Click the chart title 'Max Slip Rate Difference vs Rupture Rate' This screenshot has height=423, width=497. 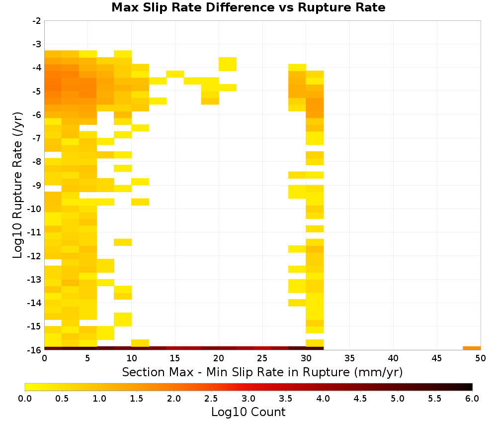[248, 7]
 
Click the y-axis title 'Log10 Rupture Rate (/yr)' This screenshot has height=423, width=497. [17, 185]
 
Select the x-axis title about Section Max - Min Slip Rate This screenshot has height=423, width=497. [262, 372]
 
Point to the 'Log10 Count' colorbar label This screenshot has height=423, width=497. [248, 412]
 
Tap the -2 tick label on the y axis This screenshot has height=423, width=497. [37, 21]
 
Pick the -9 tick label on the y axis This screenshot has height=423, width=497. [37, 185]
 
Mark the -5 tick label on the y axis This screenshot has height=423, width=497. [37, 92]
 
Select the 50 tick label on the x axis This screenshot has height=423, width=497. [481, 358]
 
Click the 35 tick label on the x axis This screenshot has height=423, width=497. [349, 358]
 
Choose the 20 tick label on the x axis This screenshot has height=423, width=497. [219, 358]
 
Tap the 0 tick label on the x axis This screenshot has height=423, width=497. [44, 358]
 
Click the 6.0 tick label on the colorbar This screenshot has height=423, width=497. [472, 399]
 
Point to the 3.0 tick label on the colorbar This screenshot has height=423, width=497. [248, 399]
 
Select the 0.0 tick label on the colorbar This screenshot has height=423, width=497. [25, 399]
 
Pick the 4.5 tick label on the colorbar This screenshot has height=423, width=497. [360, 399]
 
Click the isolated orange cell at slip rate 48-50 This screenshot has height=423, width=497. [472, 348]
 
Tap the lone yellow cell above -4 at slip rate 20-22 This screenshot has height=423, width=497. [228, 64]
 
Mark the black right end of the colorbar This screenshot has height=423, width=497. [470, 387]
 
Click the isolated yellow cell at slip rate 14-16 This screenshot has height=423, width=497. [175, 74]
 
